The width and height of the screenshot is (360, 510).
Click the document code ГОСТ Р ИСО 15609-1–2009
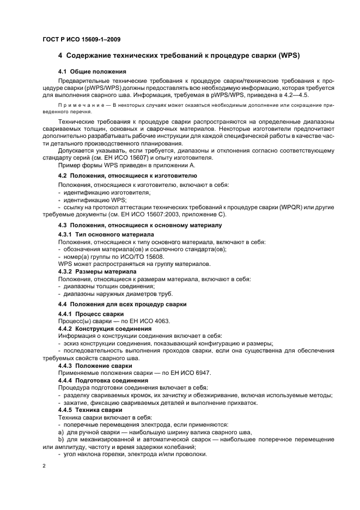81,39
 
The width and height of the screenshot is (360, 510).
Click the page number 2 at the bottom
44,467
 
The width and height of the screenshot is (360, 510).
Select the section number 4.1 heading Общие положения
92,71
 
